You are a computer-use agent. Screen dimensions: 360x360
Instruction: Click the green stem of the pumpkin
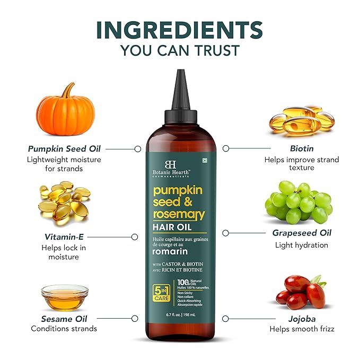[x=67, y=90]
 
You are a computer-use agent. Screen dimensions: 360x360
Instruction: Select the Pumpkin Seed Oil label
[x=64, y=149]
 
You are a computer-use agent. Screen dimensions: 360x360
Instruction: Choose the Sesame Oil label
[x=64, y=319]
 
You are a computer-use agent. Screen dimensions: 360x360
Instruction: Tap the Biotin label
[x=302, y=149]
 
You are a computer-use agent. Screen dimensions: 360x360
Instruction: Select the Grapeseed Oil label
[x=302, y=233]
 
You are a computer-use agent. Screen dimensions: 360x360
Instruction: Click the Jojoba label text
[x=302, y=319]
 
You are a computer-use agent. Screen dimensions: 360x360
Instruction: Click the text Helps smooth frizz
[x=302, y=329]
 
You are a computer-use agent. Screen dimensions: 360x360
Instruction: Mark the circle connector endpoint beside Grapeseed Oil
[x=225, y=233]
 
